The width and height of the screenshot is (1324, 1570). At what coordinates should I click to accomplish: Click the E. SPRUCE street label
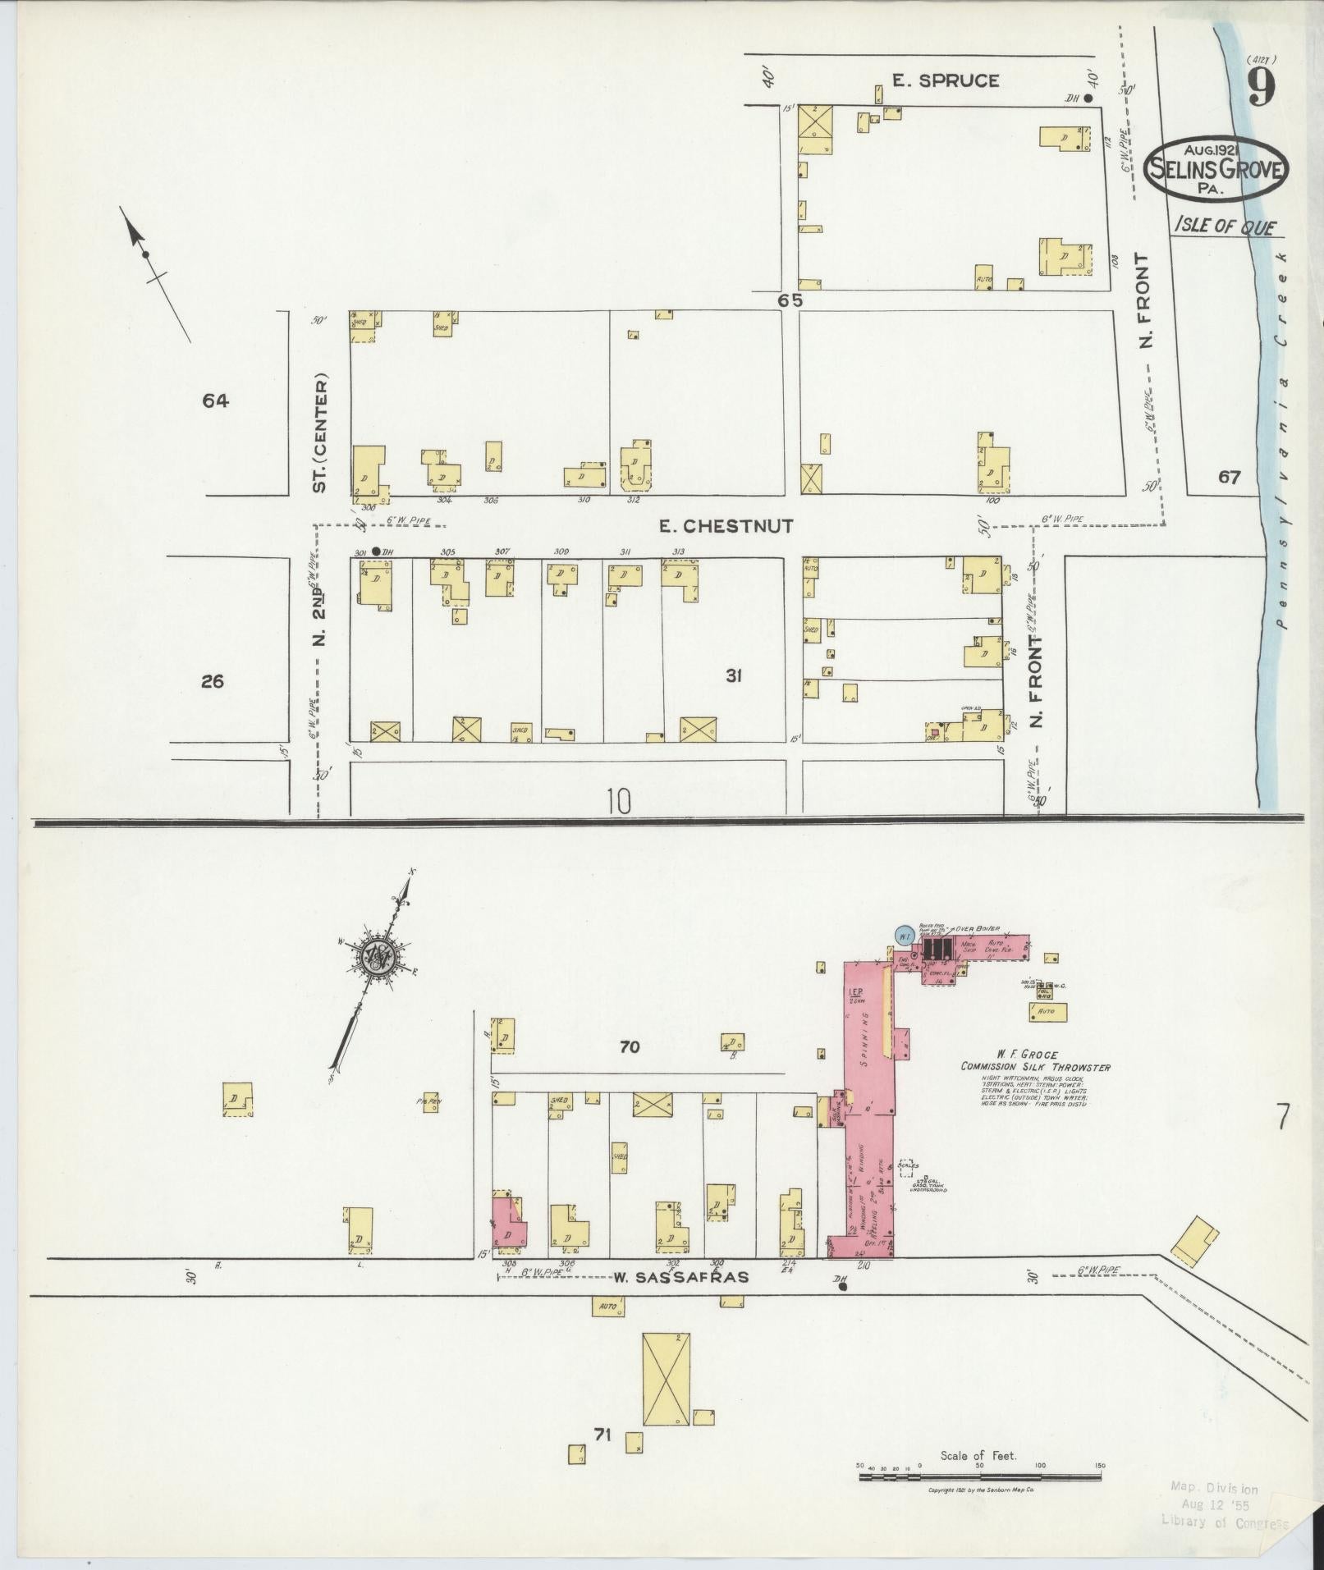(x=946, y=80)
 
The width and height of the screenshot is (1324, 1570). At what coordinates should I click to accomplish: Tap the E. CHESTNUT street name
(x=726, y=526)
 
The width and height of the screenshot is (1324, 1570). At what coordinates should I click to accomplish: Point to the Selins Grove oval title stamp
(x=1216, y=167)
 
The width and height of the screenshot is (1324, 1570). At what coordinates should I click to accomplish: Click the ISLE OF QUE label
(x=1226, y=225)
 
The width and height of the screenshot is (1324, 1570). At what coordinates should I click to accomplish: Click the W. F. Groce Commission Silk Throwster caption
(x=1036, y=1060)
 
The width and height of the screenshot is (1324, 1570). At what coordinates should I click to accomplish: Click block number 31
(x=734, y=675)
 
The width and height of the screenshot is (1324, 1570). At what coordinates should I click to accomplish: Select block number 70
(x=630, y=1046)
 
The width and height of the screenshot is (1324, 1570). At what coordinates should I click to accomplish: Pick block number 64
(x=216, y=401)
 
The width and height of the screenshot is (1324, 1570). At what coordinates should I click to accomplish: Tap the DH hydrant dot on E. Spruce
(x=1088, y=98)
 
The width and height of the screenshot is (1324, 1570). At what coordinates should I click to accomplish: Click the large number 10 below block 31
(x=620, y=800)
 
